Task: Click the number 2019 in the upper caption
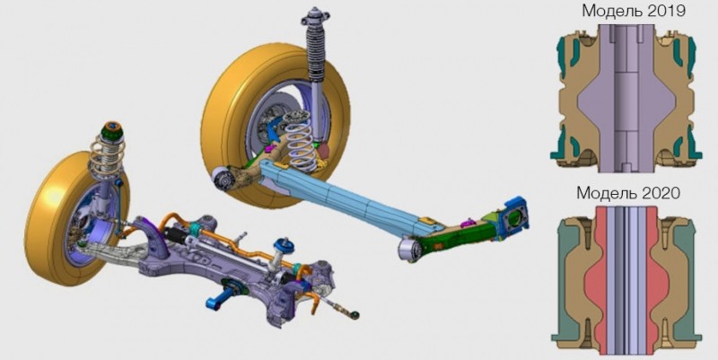click(664, 11)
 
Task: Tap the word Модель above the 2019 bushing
click(610, 12)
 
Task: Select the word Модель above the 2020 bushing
click(605, 194)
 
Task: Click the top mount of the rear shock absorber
click(315, 17)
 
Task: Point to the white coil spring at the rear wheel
click(300, 141)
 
